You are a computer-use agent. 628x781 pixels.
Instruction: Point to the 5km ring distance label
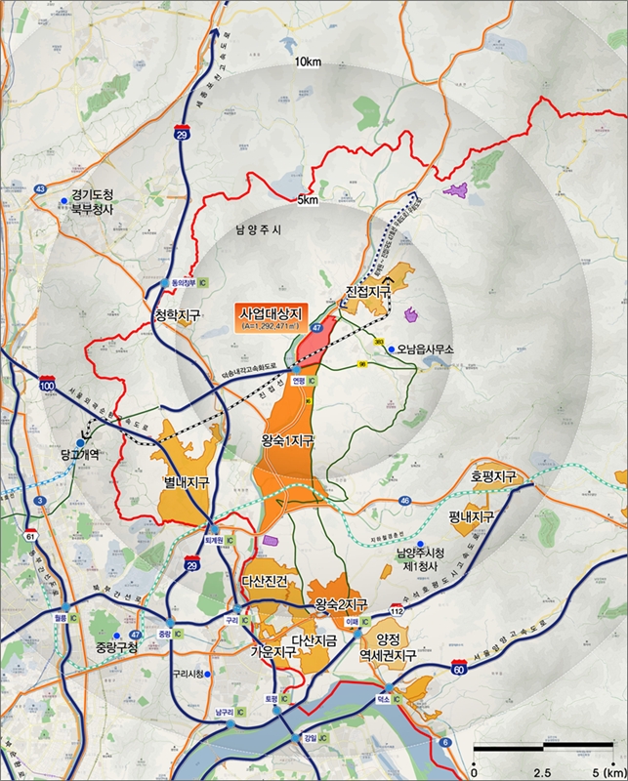(309, 201)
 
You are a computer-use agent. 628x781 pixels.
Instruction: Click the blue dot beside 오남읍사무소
(391, 349)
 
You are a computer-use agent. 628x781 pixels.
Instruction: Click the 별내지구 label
(186, 482)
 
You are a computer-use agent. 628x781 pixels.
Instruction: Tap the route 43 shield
(40, 189)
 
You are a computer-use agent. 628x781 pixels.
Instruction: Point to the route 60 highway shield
(459, 669)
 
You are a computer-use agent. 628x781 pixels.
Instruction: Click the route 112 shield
(396, 610)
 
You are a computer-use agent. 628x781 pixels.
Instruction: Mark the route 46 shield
(404, 500)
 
